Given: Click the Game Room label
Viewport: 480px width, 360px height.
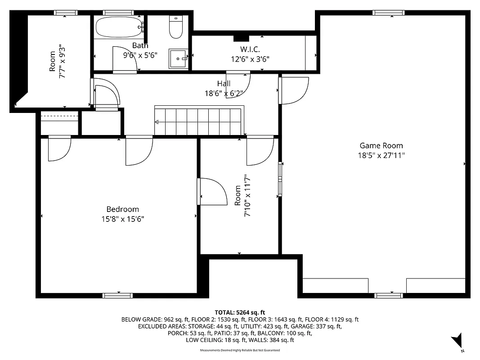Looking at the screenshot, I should (381, 145).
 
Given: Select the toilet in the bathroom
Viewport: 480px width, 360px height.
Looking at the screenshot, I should (175, 28).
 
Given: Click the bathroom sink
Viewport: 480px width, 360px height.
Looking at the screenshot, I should (179, 58).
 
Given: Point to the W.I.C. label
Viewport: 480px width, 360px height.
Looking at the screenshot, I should (250, 49).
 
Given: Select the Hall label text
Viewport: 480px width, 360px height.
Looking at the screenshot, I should (224, 83).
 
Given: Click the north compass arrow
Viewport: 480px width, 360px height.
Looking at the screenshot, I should (458, 340).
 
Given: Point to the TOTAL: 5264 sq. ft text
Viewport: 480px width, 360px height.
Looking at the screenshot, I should (240, 312).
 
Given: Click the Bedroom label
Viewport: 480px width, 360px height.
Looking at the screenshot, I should (122, 209).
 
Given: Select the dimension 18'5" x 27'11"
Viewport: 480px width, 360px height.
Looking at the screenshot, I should (381, 155).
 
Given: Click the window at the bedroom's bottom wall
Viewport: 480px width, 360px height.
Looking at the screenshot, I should (117, 295).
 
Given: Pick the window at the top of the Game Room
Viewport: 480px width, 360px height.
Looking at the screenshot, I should (388, 13).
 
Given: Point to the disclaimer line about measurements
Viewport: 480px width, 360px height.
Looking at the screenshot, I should (240, 350).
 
